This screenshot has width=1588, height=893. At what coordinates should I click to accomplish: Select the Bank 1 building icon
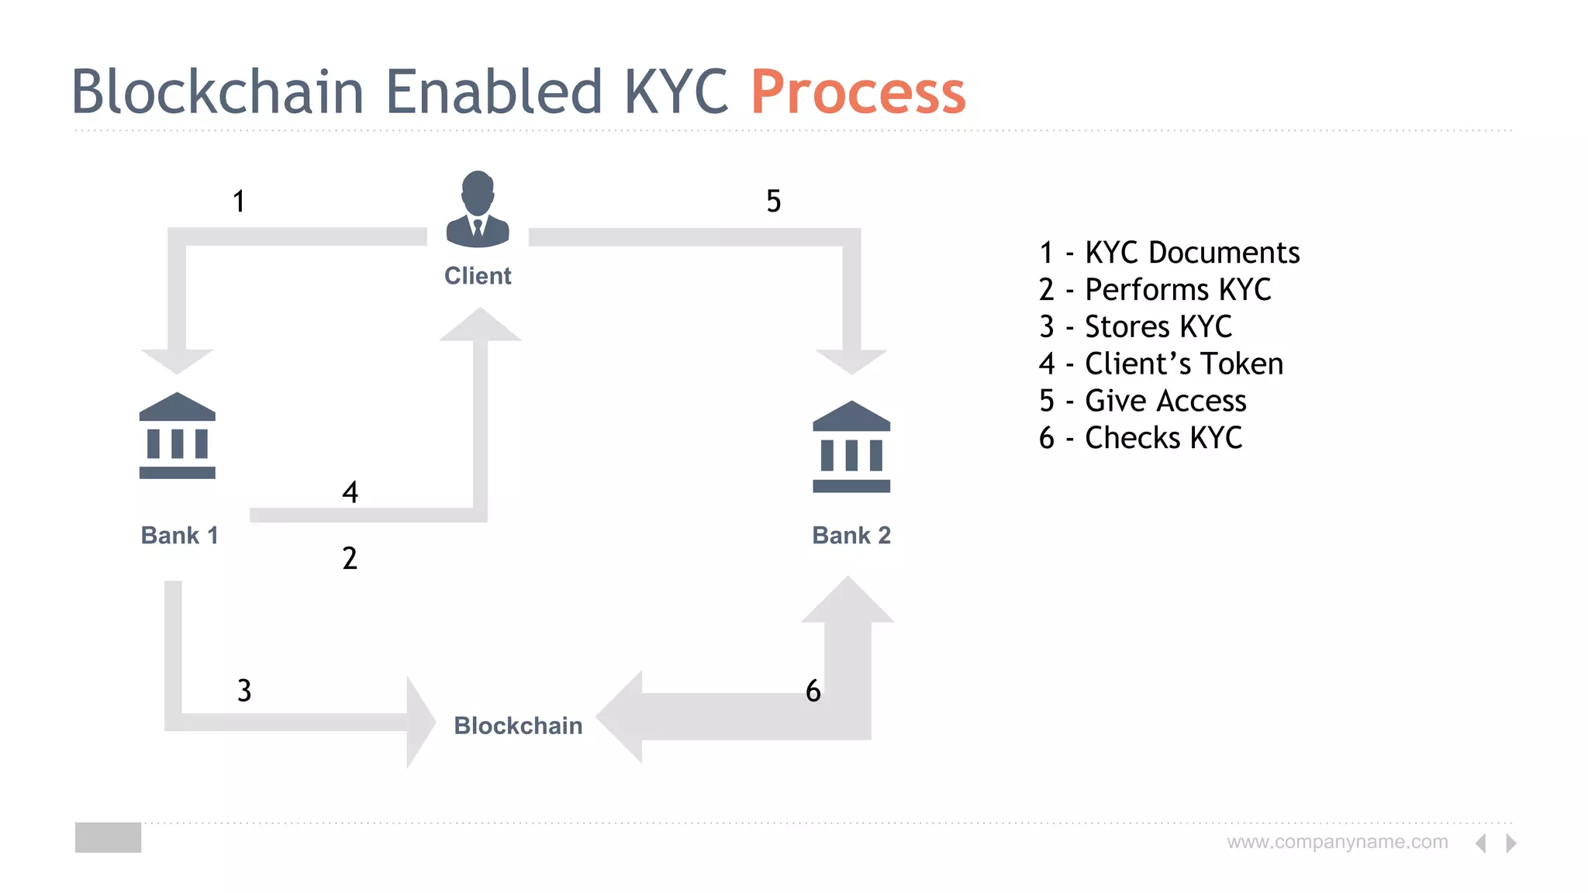(x=178, y=436)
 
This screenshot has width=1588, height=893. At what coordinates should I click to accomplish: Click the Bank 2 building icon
(x=851, y=447)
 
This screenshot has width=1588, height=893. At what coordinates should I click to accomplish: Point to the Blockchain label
(x=518, y=726)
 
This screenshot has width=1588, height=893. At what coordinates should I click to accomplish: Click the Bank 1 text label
(x=179, y=535)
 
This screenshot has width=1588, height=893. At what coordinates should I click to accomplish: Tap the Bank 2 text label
(x=851, y=535)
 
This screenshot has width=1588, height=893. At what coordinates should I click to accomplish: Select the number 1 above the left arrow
(x=239, y=202)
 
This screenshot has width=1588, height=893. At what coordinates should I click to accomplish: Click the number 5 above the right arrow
(x=773, y=202)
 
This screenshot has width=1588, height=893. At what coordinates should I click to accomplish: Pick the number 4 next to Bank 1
(x=350, y=492)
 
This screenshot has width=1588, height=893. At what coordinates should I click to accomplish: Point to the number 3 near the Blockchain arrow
(x=244, y=690)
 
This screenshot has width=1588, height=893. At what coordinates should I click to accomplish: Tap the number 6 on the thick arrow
(x=813, y=691)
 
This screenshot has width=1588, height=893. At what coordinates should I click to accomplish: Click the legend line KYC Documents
(x=1169, y=253)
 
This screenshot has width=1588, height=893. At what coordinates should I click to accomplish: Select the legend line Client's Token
(x=1161, y=364)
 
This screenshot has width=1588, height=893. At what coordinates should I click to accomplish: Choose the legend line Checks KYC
(x=1140, y=438)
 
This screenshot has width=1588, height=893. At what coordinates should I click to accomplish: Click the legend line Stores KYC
(x=1135, y=326)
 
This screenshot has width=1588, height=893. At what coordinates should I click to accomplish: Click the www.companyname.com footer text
(x=1337, y=842)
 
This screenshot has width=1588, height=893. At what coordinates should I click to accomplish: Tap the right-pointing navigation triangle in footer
(x=1510, y=843)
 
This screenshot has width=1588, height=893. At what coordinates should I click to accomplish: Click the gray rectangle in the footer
(x=108, y=837)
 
